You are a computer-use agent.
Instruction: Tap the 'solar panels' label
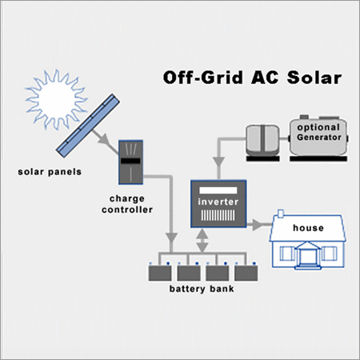pos(46,171)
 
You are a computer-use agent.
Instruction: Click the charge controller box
pos(130,159)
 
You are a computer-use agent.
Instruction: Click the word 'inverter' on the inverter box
pos(218,201)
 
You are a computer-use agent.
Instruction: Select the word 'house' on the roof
pos(307,228)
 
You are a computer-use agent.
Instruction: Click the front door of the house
pos(307,257)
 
